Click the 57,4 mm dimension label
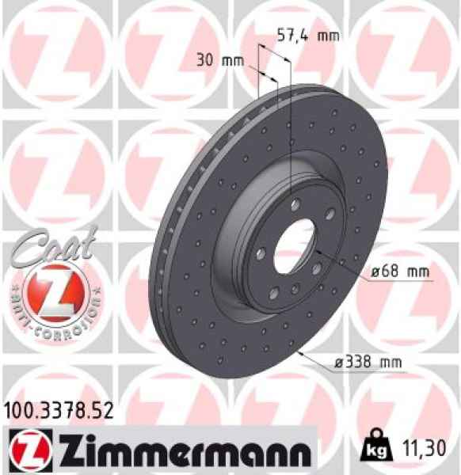click(x=307, y=35)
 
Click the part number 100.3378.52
click(x=59, y=410)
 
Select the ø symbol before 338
click(x=338, y=363)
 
